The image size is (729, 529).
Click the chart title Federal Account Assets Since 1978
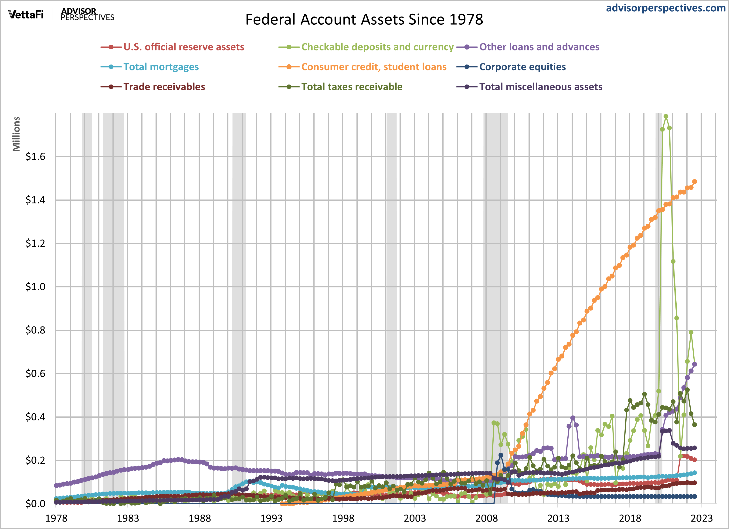pyautogui.click(x=364, y=20)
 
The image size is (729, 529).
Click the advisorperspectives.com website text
pyautogui.click(x=665, y=8)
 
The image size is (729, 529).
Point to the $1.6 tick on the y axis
pyautogui.click(x=35, y=157)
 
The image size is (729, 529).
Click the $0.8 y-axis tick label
pyautogui.click(x=35, y=330)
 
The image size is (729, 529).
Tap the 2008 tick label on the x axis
pyautogui.click(x=486, y=518)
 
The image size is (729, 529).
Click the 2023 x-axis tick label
pyautogui.click(x=702, y=518)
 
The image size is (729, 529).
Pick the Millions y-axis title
pyautogui.click(x=16, y=134)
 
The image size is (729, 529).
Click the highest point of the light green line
pyautogui.click(x=666, y=116)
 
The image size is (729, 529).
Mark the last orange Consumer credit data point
pyautogui.click(x=694, y=182)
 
